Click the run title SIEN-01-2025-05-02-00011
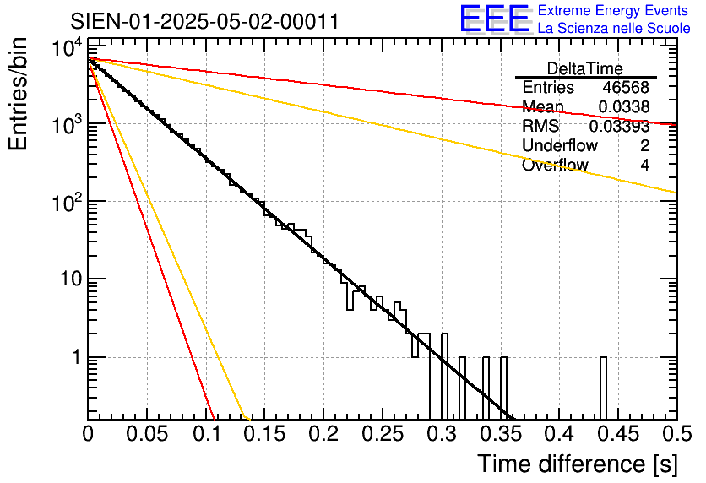tap(204, 21)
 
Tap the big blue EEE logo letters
tap(494, 20)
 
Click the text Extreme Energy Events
tap(614, 11)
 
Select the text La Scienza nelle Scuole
tap(614, 29)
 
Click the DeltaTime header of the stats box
tap(585, 68)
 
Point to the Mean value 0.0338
tap(624, 106)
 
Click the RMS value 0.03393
tap(620, 127)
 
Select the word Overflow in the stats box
tap(555, 166)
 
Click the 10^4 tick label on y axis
tap(67, 48)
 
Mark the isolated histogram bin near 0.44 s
tap(604, 388)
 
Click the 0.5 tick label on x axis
tap(676, 436)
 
